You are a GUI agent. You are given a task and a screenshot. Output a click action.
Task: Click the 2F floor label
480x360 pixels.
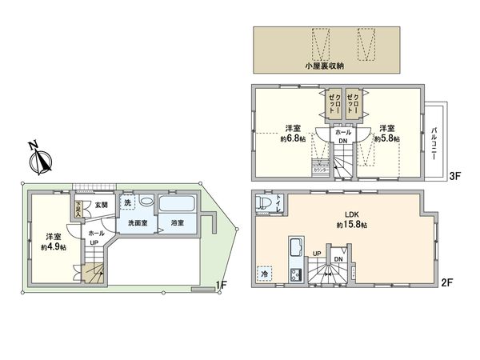tap(448, 282)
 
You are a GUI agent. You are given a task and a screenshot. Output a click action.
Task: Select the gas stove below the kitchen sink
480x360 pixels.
tap(293, 276)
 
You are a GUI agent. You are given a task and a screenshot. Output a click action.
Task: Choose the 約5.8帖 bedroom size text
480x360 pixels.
tap(387, 138)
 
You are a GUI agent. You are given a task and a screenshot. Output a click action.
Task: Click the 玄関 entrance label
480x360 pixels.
tap(102, 205)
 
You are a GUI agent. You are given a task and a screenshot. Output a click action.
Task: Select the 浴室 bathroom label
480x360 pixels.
tap(177, 223)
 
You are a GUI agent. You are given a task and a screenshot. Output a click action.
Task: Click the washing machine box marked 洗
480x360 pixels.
tap(128, 203)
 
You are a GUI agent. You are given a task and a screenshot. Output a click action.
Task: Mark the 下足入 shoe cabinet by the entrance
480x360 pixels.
tap(78, 210)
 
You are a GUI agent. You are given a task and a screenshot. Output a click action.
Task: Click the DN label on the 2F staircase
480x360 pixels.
tap(338, 259)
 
